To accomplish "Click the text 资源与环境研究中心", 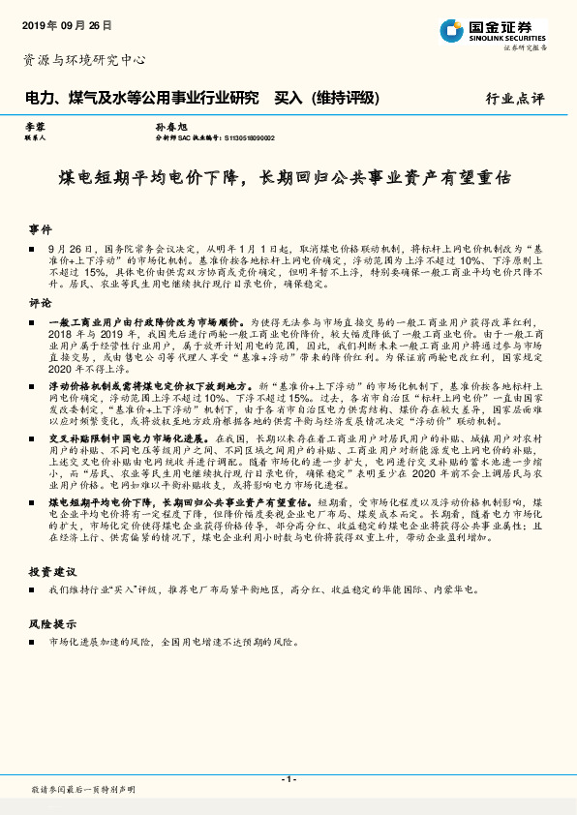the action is [x=83, y=60].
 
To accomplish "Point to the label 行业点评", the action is [x=514, y=99].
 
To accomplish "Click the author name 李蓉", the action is [x=35, y=127].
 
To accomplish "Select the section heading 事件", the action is [x=40, y=229].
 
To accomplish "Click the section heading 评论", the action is [x=40, y=303].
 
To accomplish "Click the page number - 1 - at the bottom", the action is [x=288, y=779].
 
